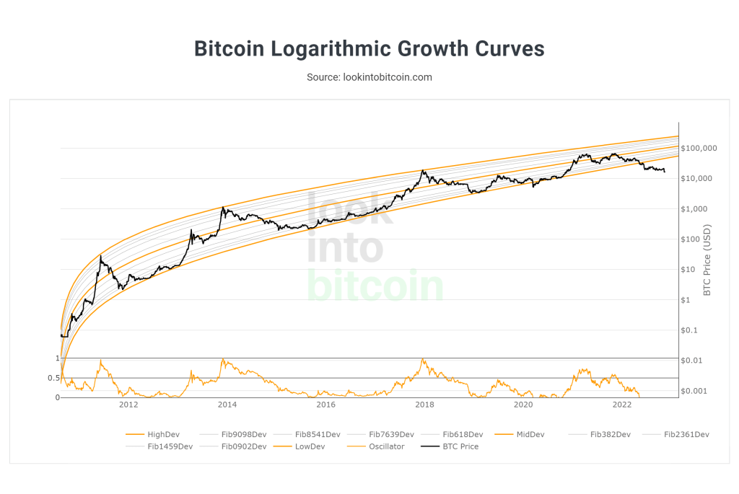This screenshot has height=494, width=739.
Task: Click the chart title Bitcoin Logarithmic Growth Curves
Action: pyautogui.click(x=369, y=49)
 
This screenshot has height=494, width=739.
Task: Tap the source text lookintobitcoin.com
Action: pyautogui.click(x=369, y=76)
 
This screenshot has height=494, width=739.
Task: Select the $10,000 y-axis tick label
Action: pyautogui.click(x=699, y=179)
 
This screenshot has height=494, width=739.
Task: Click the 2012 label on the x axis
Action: pyautogui.click(x=128, y=405)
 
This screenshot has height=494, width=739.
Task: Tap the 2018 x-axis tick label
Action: pyautogui.click(x=424, y=405)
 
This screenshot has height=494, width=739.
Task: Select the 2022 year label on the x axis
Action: pyautogui.click(x=621, y=405)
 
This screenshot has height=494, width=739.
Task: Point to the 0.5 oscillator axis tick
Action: pyautogui.click(x=53, y=378)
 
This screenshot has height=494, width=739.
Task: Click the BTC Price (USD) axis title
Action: pyautogui.click(x=707, y=260)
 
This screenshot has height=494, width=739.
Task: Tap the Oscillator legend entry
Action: pyautogui.click(x=386, y=446)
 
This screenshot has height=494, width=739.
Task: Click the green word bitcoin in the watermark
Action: pyautogui.click(x=375, y=286)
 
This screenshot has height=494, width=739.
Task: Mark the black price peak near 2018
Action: pyautogui.click(x=423, y=171)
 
